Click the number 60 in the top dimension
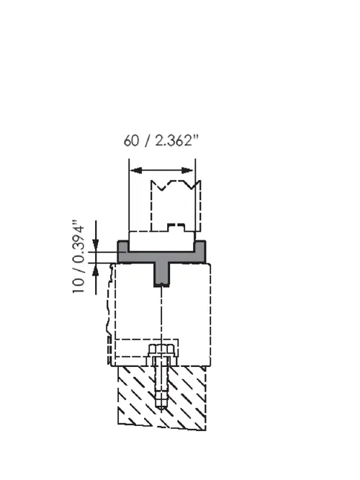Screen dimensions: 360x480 131,141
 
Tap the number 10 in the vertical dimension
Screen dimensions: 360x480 78,285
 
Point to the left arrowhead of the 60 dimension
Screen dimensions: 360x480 136,171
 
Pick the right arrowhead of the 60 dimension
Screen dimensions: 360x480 188,171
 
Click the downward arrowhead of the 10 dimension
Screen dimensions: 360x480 96,245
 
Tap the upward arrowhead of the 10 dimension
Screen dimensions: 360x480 96,269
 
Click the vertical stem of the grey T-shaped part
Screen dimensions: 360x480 161,275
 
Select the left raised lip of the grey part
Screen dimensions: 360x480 123,246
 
